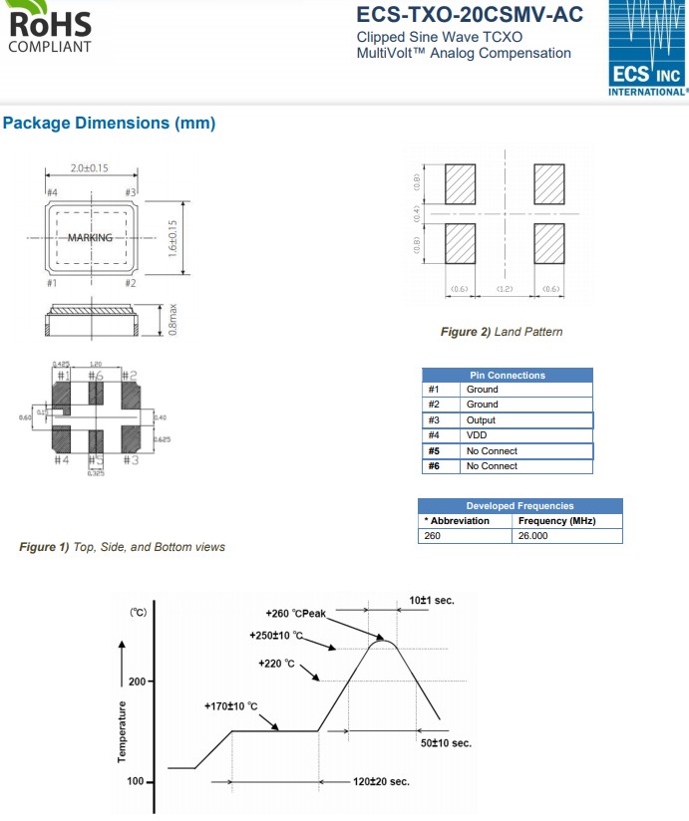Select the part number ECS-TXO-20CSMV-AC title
pyautogui.click(x=469, y=15)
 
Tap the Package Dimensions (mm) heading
pyautogui.click(x=110, y=124)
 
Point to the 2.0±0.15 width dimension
pyautogui.click(x=90, y=168)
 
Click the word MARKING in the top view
pyautogui.click(x=90, y=238)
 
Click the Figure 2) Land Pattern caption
pyautogui.click(x=502, y=332)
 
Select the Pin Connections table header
pyautogui.click(x=508, y=375)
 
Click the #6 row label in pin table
pyautogui.click(x=434, y=466)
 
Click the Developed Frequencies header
pyautogui.click(x=519, y=505)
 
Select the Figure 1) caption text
pyautogui.click(x=123, y=547)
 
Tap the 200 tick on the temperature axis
pyautogui.click(x=137, y=682)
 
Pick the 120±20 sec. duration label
pyautogui.click(x=381, y=782)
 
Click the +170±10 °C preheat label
pyautogui.click(x=230, y=706)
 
